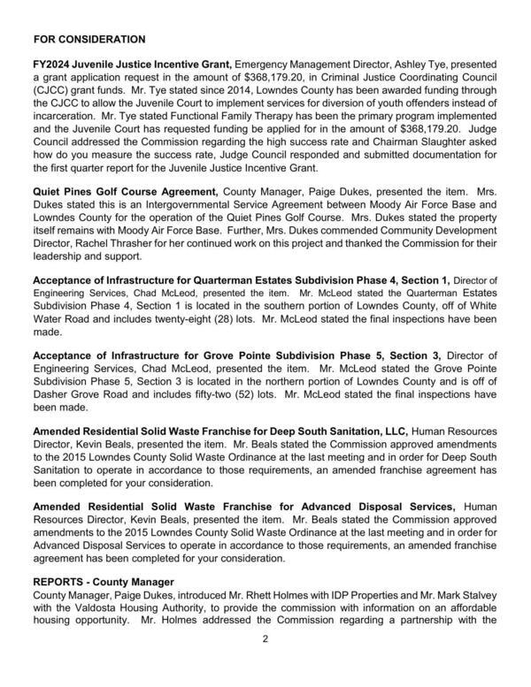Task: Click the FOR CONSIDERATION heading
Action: pos(88,40)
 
